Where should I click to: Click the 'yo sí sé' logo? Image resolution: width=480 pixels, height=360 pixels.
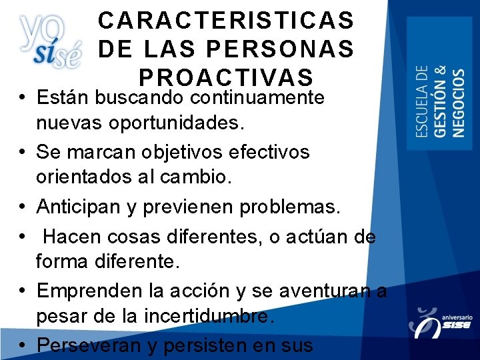[x=49, y=41]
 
